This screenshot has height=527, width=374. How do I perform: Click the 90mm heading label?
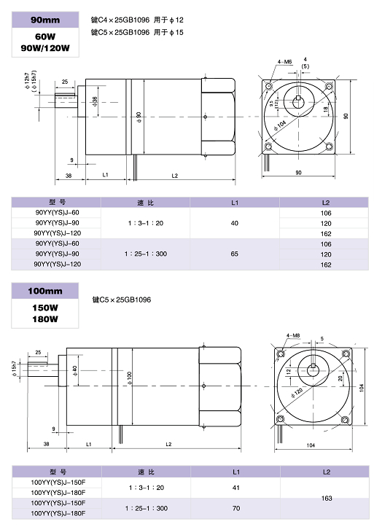pos(45,20)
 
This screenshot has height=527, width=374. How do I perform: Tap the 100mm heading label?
pos(45,291)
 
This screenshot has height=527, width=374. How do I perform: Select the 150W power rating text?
pos(45,308)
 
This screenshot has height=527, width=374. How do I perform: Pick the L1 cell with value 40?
pos(235,223)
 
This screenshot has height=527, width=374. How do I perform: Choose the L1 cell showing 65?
pos(235,254)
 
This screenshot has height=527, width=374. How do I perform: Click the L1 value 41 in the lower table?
pos(236,488)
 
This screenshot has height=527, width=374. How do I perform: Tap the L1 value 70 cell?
pos(236,509)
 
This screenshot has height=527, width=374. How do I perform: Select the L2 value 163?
pos(327,499)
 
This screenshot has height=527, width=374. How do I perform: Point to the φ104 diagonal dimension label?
pos(279,125)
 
